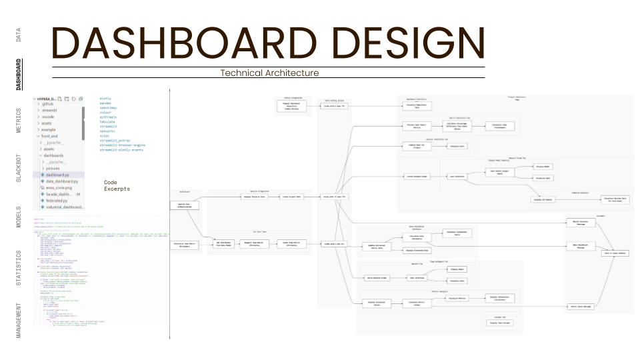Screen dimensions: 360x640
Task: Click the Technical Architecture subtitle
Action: (x=269, y=73)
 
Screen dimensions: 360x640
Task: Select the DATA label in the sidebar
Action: (x=19, y=35)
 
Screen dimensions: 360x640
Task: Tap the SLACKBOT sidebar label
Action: (x=19, y=168)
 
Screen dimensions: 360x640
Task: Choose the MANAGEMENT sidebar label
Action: (x=19, y=321)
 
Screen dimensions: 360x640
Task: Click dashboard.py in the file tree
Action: (x=61, y=174)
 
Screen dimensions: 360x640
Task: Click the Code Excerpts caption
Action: (x=117, y=185)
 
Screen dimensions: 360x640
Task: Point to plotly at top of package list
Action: (x=105, y=99)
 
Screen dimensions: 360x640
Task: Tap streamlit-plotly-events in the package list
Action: (x=122, y=150)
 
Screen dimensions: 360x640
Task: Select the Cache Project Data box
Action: (x=291, y=197)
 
